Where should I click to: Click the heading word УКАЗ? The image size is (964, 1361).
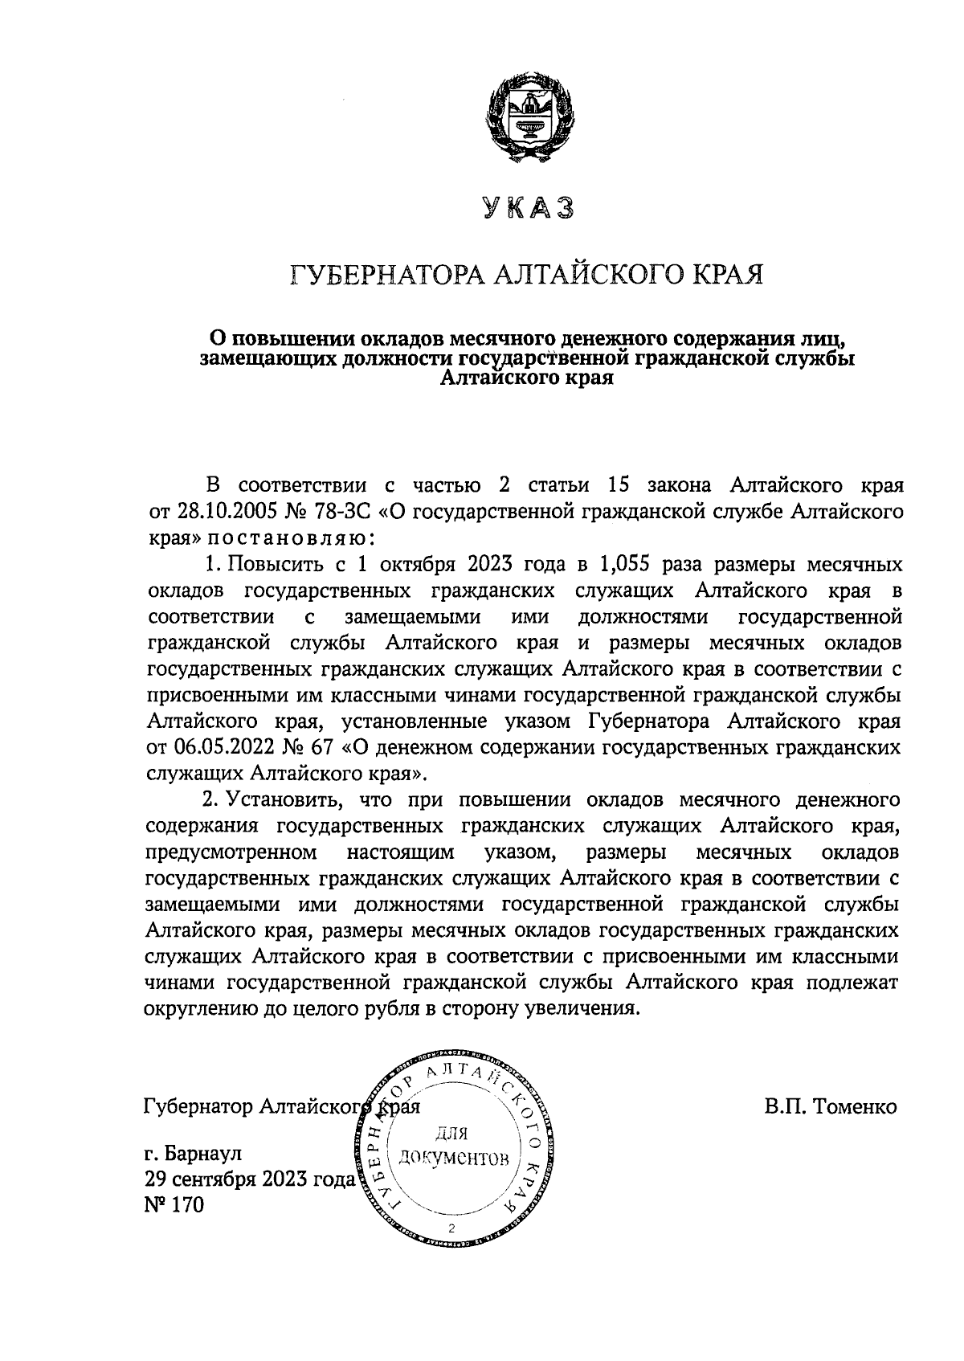(x=528, y=209)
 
